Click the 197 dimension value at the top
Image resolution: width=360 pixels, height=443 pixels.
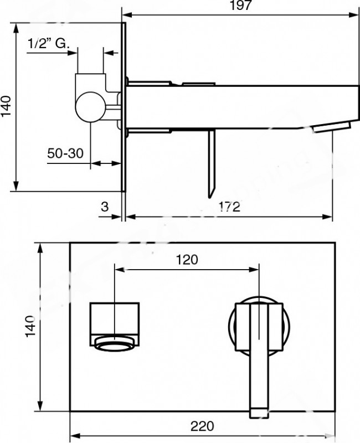(x=241, y=5)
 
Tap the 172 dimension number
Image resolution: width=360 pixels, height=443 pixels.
(x=230, y=207)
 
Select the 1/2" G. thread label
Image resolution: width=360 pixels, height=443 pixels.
(x=48, y=44)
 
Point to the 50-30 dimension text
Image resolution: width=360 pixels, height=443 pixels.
(x=65, y=153)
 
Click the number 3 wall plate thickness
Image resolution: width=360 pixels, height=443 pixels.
(x=105, y=207)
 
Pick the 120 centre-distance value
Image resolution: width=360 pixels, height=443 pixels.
(x=187, y=260)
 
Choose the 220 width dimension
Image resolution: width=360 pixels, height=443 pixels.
(x=202, y=426)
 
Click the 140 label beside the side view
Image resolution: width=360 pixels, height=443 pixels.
(x=6, y=106)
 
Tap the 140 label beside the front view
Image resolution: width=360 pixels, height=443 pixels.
(x=30, y=327)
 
